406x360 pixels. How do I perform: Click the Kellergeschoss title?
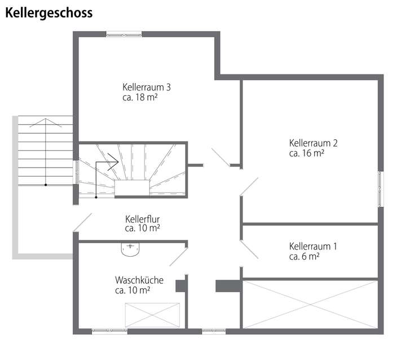tap(49, 13)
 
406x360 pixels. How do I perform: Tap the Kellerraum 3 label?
tap(147, 87)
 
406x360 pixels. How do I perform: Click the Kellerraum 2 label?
tap(313, 143)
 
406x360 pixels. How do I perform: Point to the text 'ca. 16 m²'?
tap(306, 152)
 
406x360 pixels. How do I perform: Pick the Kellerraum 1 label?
tap(313, 247)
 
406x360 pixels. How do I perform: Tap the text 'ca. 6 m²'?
tap(304, 256)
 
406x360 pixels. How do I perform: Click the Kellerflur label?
tap(143, 218)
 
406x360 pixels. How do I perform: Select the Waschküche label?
tap(139, 280)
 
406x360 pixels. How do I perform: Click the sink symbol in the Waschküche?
tap(130, 249)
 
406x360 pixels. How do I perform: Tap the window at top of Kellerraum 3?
tap(123, 34)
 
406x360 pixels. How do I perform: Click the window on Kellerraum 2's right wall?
tap(380, 186)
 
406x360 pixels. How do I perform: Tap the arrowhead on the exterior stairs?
tap(45, 122)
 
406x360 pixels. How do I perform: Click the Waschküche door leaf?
tap(179, 257)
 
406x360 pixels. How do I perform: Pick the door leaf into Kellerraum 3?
tap(220, 157)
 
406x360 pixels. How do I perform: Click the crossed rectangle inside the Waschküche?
tap(152, 314)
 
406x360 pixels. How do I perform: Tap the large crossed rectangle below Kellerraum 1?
tap(310, 304)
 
